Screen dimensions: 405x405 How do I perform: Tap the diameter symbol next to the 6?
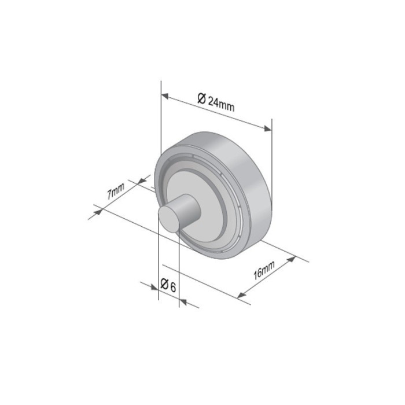(164, 284)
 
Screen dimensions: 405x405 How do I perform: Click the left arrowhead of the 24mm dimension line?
(165, 95)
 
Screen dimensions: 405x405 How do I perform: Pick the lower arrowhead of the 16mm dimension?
(241, 296)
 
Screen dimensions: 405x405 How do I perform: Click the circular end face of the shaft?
(169, 219)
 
